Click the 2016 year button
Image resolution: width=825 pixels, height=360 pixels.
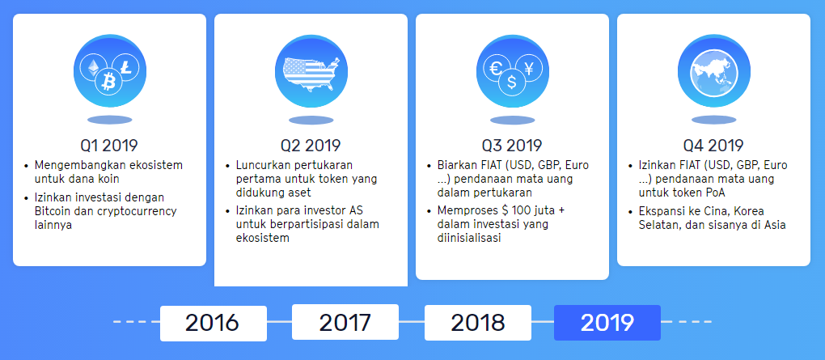click(x=213, y=323)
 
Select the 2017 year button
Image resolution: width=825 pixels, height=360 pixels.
click(x=345, y=322)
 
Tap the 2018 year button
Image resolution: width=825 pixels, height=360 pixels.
click(x=478, y=323)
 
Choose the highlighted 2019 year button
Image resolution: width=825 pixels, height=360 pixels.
click(x=607, y=323)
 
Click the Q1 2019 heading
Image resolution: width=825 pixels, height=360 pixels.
click(x=109, y=146)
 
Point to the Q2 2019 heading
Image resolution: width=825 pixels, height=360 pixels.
click(x=311, y=146)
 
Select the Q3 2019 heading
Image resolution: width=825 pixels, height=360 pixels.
click(x=513, y=146)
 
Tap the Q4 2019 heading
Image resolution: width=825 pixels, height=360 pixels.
click(x=714, y=146)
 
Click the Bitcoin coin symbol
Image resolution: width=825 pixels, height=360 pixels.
click(x=109, y=82)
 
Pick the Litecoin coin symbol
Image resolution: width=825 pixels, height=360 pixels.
click(x=125, y=67)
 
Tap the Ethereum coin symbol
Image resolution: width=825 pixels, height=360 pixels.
click(x=93, y=67)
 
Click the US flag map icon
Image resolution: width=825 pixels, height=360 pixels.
click(x=311, y=74)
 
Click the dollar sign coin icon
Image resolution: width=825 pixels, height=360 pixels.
click(x=511, y=83)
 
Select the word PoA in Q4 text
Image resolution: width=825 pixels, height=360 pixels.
click(x=716, y=193)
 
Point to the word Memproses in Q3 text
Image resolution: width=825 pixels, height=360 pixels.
click(x=467, y=211)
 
